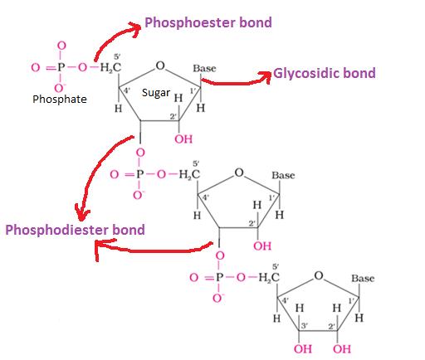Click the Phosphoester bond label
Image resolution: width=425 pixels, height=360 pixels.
coord(208,22)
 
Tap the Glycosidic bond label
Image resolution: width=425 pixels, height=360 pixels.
coord(325,73)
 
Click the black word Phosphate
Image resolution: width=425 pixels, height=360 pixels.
coord(59,99)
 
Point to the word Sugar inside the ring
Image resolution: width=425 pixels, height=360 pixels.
coord(155,93)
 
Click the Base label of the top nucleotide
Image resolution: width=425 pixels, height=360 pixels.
coord(204,67)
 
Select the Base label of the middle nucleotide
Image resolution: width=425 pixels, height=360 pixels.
coord(283,175)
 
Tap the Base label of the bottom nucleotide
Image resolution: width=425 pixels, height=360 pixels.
coord(363,278)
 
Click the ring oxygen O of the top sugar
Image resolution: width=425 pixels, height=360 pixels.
coord(159,65)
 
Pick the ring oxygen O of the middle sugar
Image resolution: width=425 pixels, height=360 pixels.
coord(239,173)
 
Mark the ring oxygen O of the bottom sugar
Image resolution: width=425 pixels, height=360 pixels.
coord(318,275)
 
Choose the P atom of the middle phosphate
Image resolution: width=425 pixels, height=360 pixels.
coord(139,174)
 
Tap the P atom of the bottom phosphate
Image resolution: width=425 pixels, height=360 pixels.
coord(218,278)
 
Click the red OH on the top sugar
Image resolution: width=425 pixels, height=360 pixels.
coord(183,139)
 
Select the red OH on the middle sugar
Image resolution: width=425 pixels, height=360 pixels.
coord(262,246)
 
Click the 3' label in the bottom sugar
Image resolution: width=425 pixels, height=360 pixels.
coord(304,326)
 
